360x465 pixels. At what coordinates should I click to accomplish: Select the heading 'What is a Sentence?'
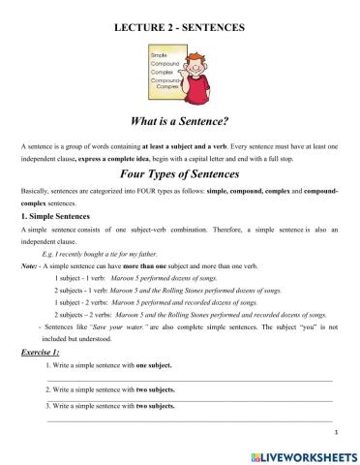[x=179, y=122]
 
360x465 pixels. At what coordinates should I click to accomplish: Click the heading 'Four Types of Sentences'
[x=179, y=175]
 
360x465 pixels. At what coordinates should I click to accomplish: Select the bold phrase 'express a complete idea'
[x=105, y=157]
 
